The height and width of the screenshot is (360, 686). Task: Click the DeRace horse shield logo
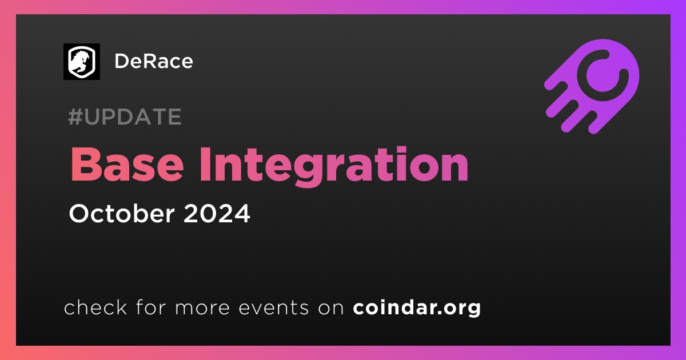coord(81,62)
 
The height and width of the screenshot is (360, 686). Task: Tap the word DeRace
coord(154,61)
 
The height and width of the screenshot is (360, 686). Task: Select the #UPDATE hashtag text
coord(125,117)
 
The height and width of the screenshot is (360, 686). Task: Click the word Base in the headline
coord(127,165)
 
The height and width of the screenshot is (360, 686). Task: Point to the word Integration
coord(334,167)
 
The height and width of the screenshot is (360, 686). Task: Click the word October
coord(122,213)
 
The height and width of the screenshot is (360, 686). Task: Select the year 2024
coord(217,213)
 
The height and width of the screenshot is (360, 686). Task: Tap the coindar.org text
coord(417,308)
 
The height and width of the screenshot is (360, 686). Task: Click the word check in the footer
coord(95,307)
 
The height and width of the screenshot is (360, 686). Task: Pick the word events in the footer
coord(273,307)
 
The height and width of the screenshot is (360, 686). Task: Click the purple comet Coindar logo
coord(592,86)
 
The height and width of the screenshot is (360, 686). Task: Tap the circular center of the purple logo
coord(601,76)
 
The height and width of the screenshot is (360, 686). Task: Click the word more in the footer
coord(202,308)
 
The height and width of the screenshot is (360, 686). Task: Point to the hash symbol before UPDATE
coord(75,117)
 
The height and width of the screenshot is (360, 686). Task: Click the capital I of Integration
coord(205,165)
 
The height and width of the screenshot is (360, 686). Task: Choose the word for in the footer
coord(150,307)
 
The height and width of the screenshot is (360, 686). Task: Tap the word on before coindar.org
coord(331,308)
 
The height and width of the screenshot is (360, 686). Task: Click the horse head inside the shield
coord(80,61)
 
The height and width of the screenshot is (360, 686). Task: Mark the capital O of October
coord(79,213)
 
